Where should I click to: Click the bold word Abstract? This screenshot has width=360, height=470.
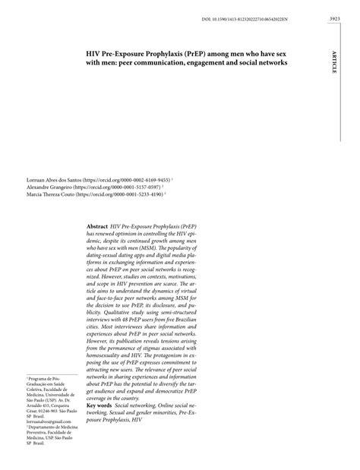point(97,227)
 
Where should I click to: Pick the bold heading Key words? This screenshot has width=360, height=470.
point(101,405)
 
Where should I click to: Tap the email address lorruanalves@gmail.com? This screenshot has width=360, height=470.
point(50,421)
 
